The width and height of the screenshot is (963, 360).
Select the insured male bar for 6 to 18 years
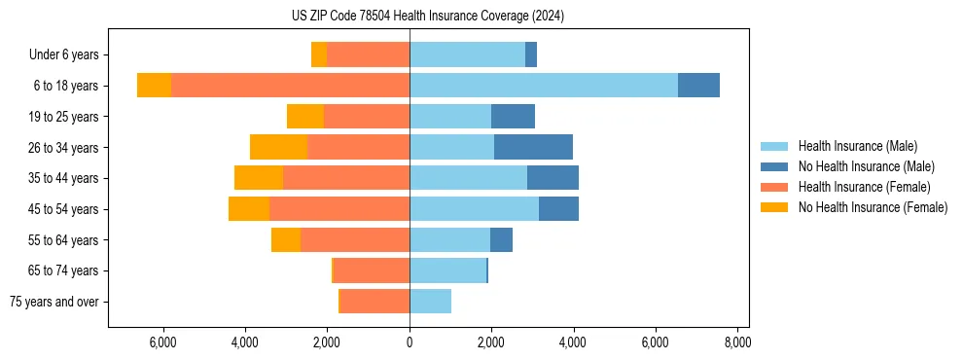543,86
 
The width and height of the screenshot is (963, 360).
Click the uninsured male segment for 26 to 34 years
533,147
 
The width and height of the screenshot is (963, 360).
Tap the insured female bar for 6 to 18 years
290,86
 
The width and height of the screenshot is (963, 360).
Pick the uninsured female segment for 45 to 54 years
249,209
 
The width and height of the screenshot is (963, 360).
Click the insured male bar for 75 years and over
430,302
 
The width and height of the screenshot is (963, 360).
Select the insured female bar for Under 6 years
368,54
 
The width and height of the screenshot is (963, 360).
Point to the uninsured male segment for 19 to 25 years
513,117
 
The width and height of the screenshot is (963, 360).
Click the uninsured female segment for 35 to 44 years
259,178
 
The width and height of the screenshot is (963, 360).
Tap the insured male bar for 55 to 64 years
449,239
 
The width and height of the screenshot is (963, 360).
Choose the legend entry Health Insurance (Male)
857,146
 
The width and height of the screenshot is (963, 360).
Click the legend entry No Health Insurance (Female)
873,207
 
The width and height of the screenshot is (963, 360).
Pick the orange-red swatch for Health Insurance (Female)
774,187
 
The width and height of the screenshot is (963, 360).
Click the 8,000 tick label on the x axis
736,342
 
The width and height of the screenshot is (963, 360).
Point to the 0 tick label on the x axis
410,342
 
